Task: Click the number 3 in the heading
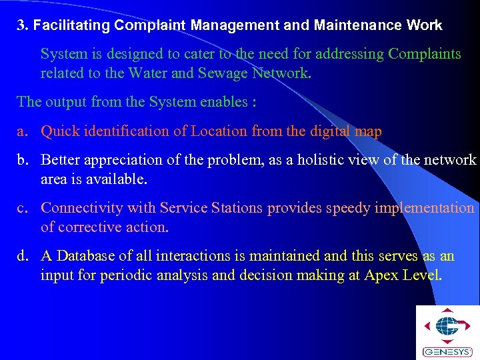21,26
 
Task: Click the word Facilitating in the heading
71,26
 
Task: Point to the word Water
147,73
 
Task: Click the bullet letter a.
21,131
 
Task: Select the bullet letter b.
21,160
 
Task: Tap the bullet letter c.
21,208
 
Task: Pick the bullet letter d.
21,256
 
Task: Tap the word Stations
235,208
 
